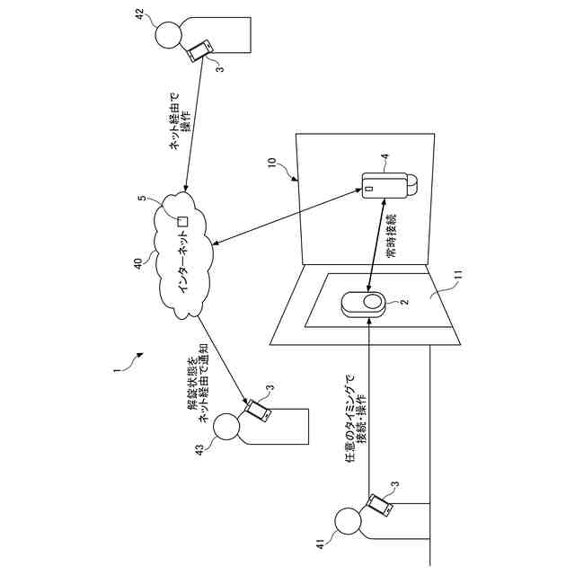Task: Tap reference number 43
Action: coord(200,447)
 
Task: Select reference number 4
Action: coord(385,158)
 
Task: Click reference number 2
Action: coord(403,304)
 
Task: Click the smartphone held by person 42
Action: coord(200,51)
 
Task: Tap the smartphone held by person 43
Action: coord(258,411)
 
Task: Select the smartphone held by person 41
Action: coord(380,505)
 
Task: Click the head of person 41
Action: coord(347,522)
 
